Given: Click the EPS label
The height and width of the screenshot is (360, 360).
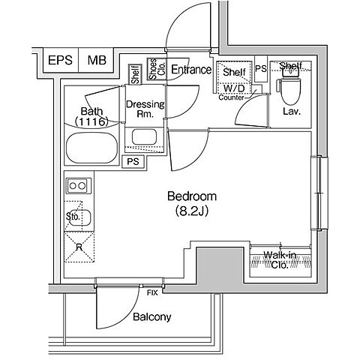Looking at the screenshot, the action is tap(60, 60).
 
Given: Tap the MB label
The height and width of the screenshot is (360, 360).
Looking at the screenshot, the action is tap(97, 60).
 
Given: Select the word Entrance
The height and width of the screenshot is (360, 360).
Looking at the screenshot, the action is tap(191, 70).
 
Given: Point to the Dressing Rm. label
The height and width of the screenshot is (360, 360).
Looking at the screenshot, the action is tap(145, 109).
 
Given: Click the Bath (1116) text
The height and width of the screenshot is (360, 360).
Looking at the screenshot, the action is tap(91, 116).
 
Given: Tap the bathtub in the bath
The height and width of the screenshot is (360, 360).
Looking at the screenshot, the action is tap(91, 148).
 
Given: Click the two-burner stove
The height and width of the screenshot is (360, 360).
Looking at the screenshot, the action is tap(79, 186).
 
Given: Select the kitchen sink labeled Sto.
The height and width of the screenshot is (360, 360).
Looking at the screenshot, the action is tap(79, 217).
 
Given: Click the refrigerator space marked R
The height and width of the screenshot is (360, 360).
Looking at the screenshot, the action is tap(79, 247).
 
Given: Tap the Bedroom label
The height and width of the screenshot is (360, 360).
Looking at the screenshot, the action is tap(192, 196).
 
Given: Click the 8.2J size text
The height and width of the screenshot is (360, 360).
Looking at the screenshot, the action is tap(192, 211).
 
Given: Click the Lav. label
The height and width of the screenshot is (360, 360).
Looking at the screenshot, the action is tap(292, 112).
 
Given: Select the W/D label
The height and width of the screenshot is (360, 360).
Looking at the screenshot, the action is tap(234, 88).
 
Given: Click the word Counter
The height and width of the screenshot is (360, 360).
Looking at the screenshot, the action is tap(231, 97).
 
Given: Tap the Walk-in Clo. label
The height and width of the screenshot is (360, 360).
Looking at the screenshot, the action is tap(280, 260).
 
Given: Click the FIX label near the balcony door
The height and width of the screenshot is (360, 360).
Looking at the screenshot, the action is tap(152, 292).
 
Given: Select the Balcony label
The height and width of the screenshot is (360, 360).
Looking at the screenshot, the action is tap(152, 317).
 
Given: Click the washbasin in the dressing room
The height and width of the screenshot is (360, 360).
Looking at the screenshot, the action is tap(144, 136).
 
